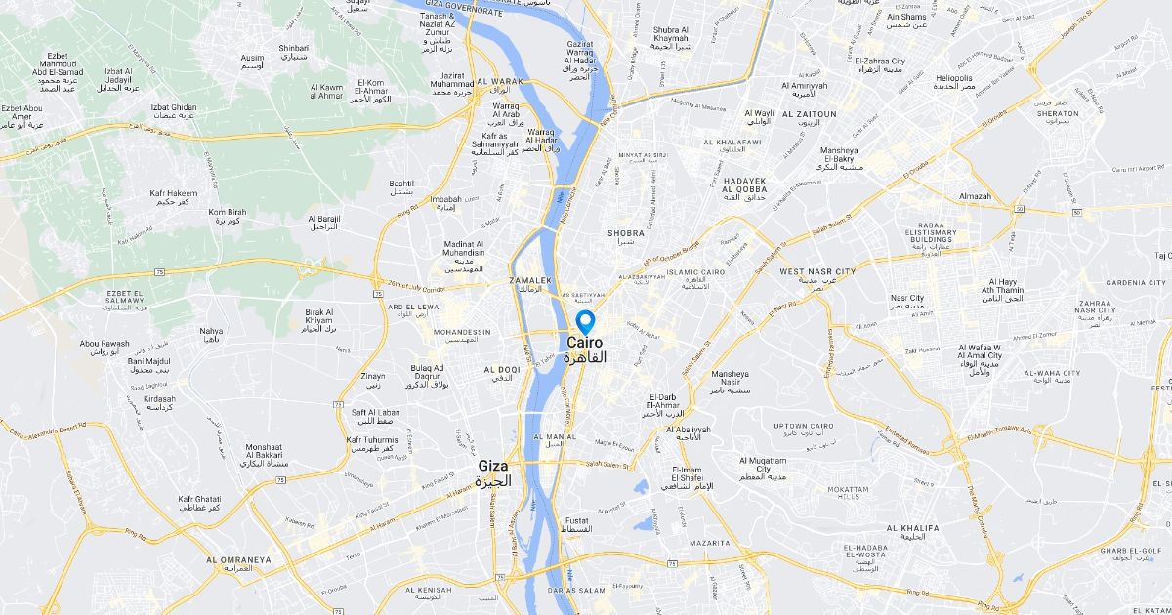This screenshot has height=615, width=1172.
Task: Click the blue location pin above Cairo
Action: pyautogui.click(x=585, y=321)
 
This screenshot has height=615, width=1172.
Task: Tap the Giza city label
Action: pyautogui.click(x=493, y=467)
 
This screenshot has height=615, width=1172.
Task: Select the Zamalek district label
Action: pyautogui.click(x=531, y=280)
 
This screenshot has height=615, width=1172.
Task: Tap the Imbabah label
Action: pyautogui.click(x=444, y=199)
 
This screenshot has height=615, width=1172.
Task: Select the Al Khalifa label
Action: pyautogui.click(x=912, y=528)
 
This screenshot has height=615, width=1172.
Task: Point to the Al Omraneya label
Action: pyautogui.click(x=238, y=560)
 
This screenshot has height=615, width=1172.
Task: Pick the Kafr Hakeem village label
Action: pyautogui.click(x=175, y=194)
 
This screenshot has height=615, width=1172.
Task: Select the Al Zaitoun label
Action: pyautogui.click(x=809, y=114)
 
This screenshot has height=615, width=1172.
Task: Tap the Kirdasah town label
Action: pyautogui.click(x=159, y=399)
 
